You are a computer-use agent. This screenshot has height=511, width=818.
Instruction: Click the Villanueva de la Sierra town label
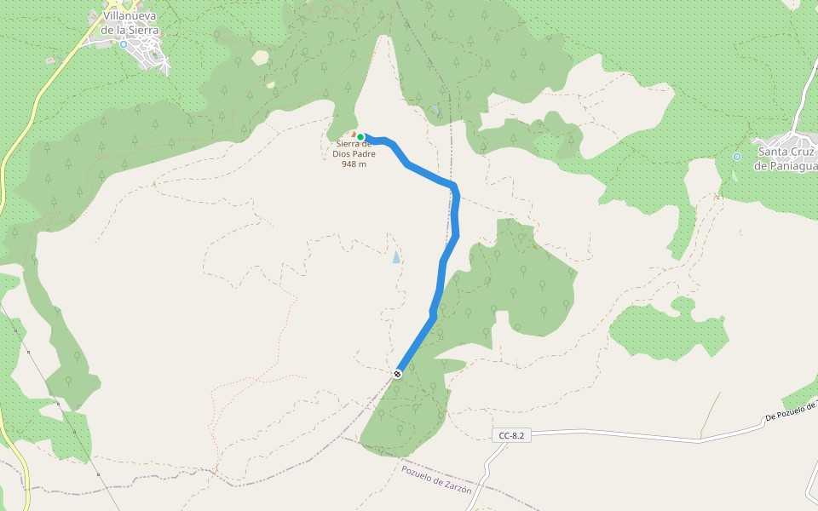click(130, 23)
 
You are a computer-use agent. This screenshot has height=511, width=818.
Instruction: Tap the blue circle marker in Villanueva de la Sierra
click(123, 44)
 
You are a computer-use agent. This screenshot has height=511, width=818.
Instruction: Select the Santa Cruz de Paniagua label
click(786, 159)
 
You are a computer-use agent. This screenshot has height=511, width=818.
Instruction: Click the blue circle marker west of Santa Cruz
click(737, 156)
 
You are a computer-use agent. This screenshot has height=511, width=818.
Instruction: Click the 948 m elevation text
click(354, 164)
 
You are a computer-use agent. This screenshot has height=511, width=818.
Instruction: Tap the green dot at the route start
click(360, 137)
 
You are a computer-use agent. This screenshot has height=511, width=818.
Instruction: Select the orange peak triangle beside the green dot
click(353, 135)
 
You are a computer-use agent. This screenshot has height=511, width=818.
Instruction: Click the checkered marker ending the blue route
click(398, 374)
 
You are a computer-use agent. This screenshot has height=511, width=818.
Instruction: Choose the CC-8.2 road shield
click(511, 435)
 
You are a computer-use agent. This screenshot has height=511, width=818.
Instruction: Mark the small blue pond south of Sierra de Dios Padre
click(395, 256)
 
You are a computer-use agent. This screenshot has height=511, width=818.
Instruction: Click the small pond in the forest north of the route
click(435, 110)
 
